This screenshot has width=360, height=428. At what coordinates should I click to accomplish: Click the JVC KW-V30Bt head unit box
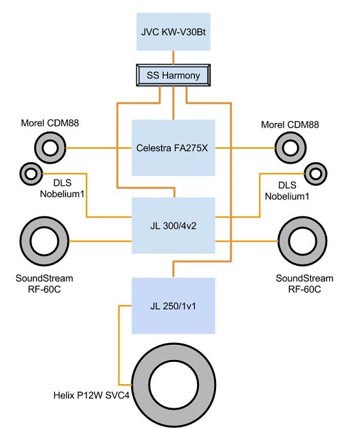pyautogui.click(x=173, y=31)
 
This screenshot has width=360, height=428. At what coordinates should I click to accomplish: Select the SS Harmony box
pyautogui.click(x=173, y=75)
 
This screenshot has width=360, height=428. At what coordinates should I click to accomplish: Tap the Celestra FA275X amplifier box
pyautogui.click(x=173, y=148)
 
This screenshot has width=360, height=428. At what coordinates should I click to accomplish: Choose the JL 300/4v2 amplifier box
pyautogui.click(x=173, y=226)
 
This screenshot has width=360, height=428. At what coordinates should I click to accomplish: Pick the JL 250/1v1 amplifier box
pyautogui.click(x=173, y=306)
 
